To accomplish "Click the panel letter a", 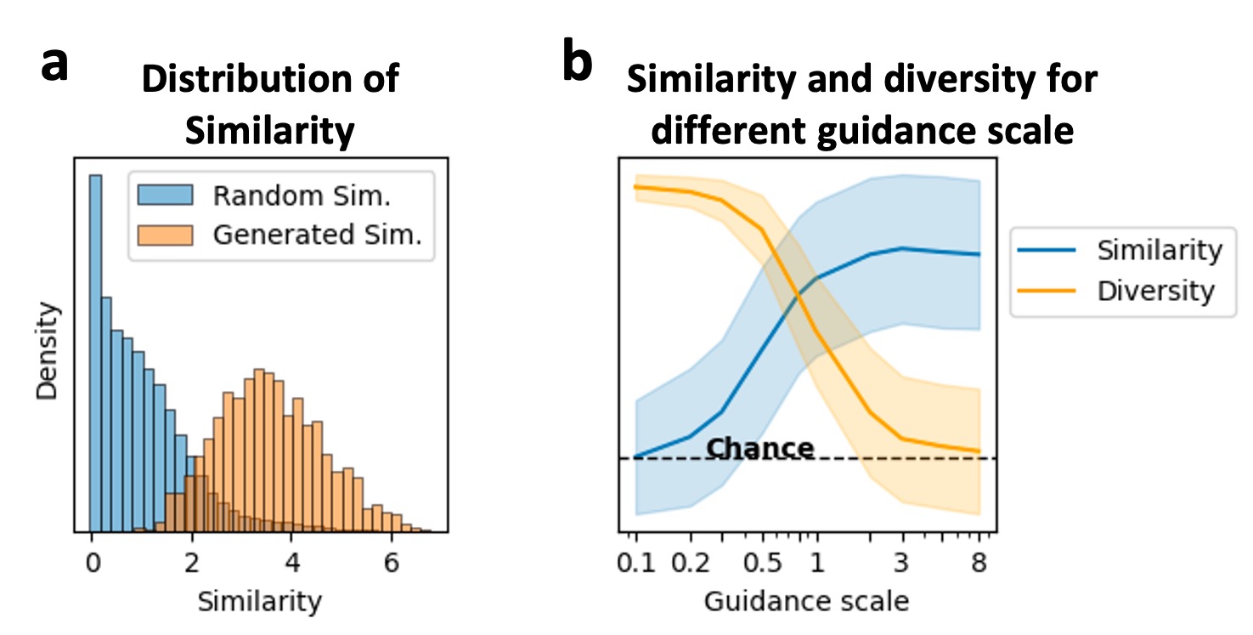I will (55, 66).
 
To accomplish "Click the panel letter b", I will (578, 66).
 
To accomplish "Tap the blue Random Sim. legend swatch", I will (166, 196).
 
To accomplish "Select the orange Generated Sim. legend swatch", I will (166, 235).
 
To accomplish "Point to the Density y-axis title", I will (48, 351).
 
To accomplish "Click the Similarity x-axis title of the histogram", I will (259, 602).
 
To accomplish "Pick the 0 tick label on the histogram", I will (91, 563).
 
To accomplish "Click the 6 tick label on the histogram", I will (392, 563).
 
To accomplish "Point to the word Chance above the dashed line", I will (760, 448).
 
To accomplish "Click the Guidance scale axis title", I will (806, 602).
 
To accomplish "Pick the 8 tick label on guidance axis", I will (979, 564).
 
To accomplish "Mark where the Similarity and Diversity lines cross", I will (799, 295).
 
